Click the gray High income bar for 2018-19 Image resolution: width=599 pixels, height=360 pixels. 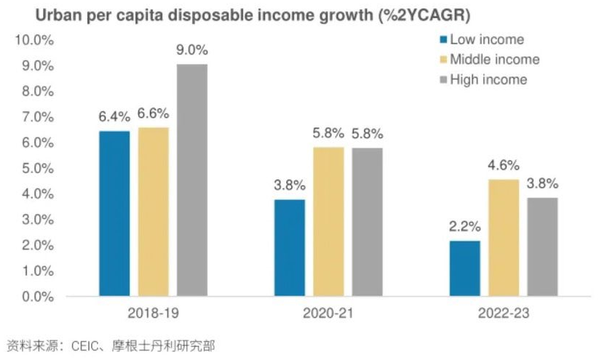(192, 180)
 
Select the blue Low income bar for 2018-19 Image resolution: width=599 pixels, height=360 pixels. (114, 214)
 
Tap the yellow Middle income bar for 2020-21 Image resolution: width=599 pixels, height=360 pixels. (328, 222)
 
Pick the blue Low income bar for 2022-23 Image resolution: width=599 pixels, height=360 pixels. (465, 268)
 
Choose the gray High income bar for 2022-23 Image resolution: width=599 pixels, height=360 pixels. (542, 247)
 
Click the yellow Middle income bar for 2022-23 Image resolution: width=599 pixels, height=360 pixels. (504, 238)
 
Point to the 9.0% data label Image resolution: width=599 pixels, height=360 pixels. (192, 50)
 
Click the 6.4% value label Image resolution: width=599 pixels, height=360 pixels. (114, 117)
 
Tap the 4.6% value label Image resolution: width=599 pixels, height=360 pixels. (504, 165)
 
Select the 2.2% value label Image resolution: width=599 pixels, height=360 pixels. (465, 227)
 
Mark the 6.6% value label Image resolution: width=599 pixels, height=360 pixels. (153, 113)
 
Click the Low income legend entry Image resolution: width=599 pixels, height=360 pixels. (482, 39)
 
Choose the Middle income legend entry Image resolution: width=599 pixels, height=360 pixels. (490, 60)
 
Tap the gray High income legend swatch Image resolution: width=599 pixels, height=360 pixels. (443, 80)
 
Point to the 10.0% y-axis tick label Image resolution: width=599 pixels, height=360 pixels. (34, 40)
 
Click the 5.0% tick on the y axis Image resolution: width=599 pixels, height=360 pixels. (38, 168)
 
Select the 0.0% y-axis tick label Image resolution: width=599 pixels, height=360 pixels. (38, 297)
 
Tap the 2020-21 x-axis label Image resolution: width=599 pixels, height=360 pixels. (328, 313)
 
